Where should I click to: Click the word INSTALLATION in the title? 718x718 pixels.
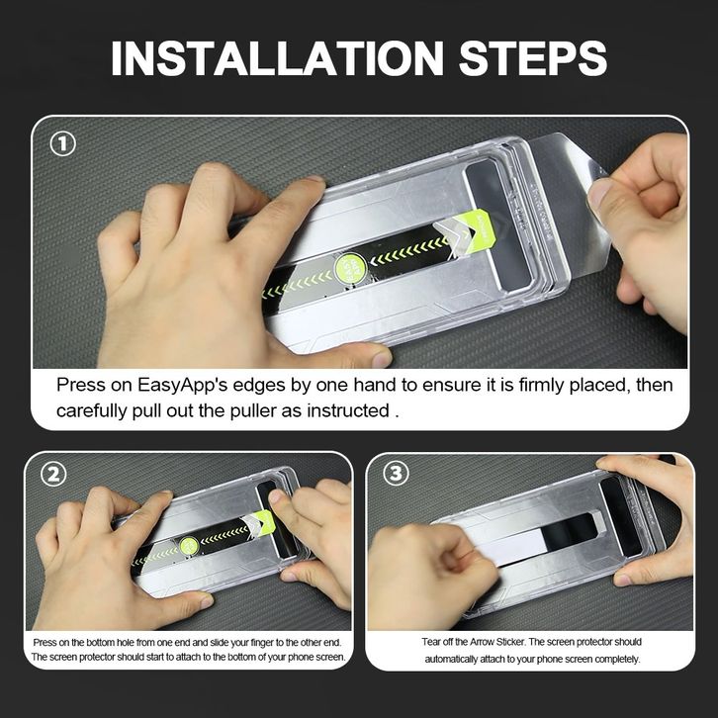(277, 58)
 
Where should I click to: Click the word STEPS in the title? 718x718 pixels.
(532, 58)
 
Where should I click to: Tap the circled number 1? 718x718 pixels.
(62, 143)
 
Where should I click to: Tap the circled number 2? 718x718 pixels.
(53, 474)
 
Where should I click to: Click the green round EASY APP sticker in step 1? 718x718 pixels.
(350, 268)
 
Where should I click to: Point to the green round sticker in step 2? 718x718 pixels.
(189, 546)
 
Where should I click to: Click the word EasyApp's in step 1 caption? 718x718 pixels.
(182, 385)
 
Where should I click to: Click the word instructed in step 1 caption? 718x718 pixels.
(348, 410)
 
